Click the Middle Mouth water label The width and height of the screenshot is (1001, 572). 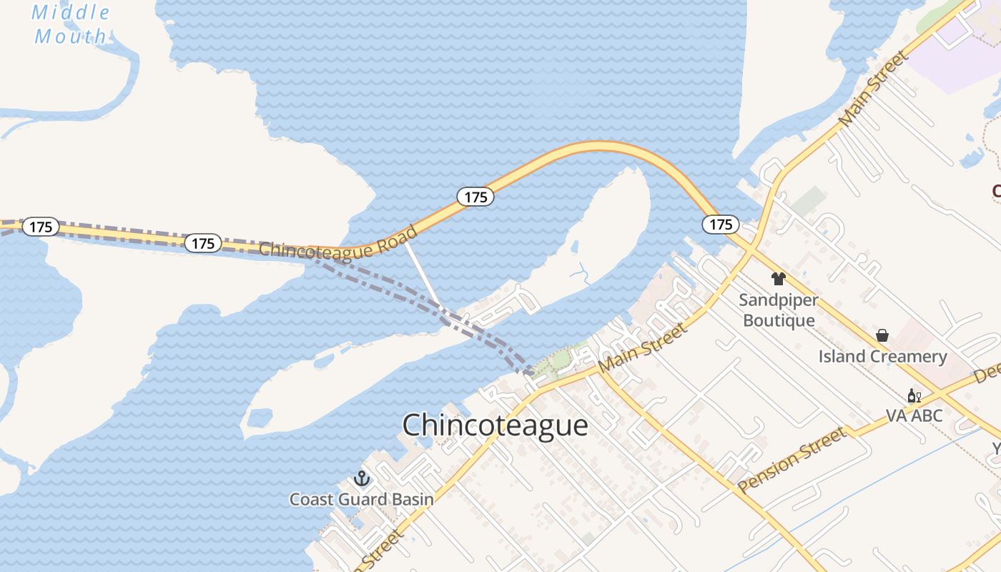click(71, 24)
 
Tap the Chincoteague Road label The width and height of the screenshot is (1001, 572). click(339, 242)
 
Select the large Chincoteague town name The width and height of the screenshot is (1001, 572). click(495, 425)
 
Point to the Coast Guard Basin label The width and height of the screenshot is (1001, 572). click(361, 499)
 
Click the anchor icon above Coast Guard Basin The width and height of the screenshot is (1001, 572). click(362, 478)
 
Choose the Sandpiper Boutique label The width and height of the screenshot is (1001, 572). click(779, 310)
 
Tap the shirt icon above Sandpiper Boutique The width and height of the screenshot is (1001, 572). click(779, 279)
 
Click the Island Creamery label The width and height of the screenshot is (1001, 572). click(882, 356)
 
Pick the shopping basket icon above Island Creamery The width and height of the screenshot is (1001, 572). click(882, 335)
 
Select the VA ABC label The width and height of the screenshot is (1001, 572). click(914, 415)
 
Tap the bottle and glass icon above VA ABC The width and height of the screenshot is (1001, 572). click(914, 395)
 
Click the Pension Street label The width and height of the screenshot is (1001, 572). click(792, 460)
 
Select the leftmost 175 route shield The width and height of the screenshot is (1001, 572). click(41, 227)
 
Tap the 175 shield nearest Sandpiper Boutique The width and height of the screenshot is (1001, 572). click(721, 225)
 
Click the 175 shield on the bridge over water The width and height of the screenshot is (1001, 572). click(475, 197)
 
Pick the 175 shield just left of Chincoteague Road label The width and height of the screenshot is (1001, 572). click(203, 243)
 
